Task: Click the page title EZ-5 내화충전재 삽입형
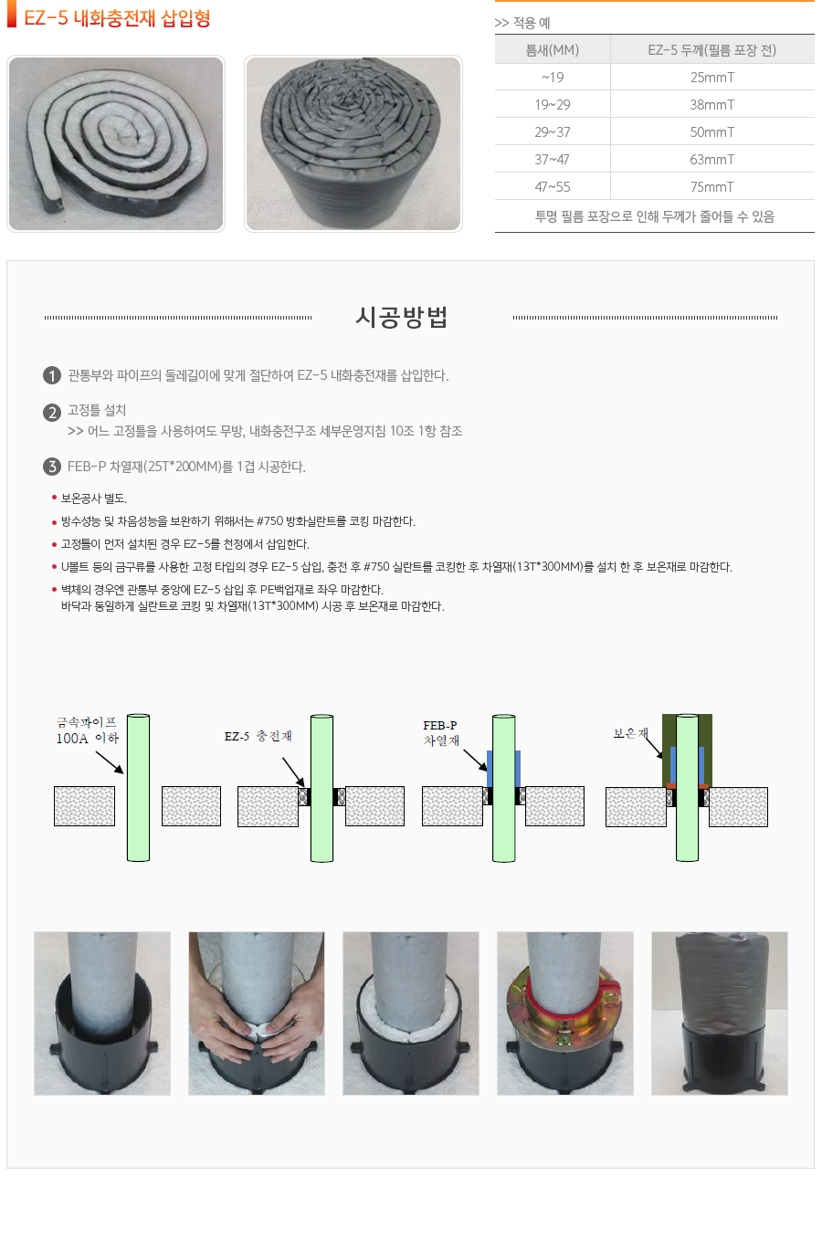117,18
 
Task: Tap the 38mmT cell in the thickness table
711,105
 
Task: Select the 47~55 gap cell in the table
552,187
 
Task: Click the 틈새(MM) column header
552,50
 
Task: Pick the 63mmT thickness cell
711,159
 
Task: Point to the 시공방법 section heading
401,317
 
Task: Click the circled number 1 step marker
52,375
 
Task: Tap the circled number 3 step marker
52,467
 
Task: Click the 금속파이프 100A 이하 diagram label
87,730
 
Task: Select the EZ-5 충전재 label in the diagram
258,736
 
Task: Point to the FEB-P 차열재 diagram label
441,733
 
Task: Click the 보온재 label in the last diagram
630,733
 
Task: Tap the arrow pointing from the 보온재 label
653,748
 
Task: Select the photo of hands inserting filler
257,1013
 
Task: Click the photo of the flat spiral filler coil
116,143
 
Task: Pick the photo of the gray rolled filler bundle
353,143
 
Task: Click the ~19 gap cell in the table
552,77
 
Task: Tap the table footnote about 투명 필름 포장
654,216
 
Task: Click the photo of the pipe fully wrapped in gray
719,1013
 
